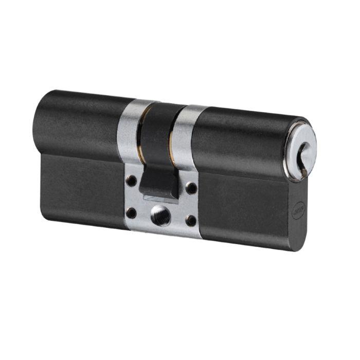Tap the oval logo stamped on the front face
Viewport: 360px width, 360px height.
[x=298, y=210]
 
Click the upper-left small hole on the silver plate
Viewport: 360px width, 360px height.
[x=132, y=181]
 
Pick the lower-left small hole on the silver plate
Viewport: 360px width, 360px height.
[x=132, y=211]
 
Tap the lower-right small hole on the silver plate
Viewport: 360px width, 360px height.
[x=191, y=221]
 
